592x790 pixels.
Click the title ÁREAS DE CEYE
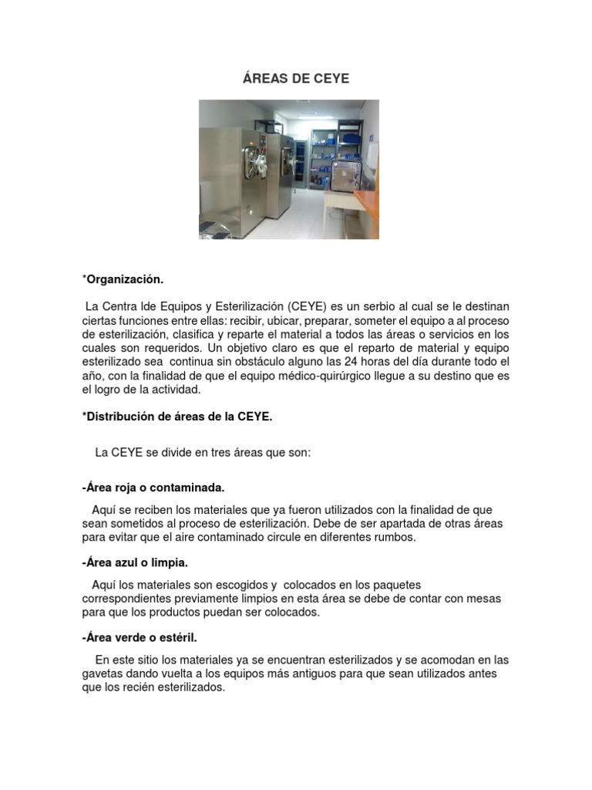click(296, 79)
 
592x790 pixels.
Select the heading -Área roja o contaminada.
click(153, 488)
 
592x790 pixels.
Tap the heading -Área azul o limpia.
click(135, 562)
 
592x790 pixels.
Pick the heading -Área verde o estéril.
click(140, 637)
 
